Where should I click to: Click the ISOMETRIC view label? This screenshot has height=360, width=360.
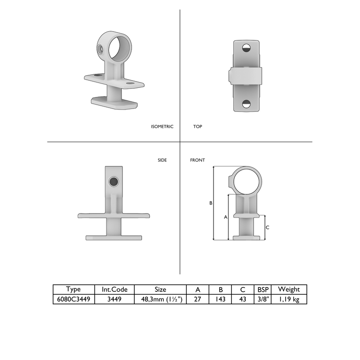click(162, 127)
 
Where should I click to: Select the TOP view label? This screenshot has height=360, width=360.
click(198, 127)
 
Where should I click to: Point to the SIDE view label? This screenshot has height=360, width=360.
click(162, 160)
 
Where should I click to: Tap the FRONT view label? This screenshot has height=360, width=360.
click(197, 160)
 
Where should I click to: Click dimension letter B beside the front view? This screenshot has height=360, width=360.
click(211, 203)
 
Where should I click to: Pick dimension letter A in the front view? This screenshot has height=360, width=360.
click(226, 217)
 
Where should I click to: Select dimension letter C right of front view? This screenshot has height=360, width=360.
click(267, 227)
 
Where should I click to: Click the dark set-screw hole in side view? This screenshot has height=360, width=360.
click(114, 181)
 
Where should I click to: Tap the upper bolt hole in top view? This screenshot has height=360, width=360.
click(247, 48)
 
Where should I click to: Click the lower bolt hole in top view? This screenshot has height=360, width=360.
click(247, 104)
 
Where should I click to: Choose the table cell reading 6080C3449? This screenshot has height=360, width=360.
click(73, 299)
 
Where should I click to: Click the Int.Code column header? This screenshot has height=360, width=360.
click(114, 289)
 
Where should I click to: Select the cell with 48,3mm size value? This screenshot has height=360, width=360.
click(160, 299)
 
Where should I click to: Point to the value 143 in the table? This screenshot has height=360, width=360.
click(220, 299)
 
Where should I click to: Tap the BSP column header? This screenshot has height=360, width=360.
click(264, 289)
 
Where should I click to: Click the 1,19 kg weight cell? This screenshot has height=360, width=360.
click(289, 299)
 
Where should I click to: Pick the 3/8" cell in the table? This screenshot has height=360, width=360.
click(264, 299)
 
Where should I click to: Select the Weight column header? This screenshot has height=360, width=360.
click(289, 289)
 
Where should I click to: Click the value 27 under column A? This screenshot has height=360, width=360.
click(198, 299)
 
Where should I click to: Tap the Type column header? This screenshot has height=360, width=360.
click(73, 289)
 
